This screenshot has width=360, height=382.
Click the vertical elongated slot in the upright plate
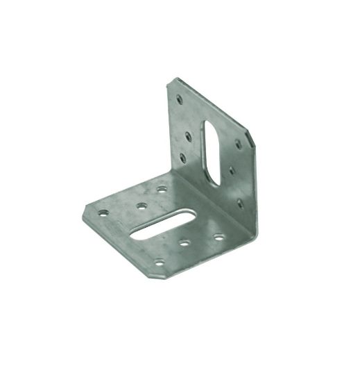click(212, 152)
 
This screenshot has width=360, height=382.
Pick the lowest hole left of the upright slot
click(183, 158)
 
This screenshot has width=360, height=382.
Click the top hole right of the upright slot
click(239, 145)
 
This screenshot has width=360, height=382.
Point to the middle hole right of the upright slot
click(231, 169)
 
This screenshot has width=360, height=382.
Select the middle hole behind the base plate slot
click(142, 206)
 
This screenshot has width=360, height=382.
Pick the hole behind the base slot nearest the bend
click(162, 188)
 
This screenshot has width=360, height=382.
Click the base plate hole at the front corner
click(159, 263)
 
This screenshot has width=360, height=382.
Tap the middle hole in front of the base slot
click(186, 243)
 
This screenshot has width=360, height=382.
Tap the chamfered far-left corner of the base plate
click(87, 211)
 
